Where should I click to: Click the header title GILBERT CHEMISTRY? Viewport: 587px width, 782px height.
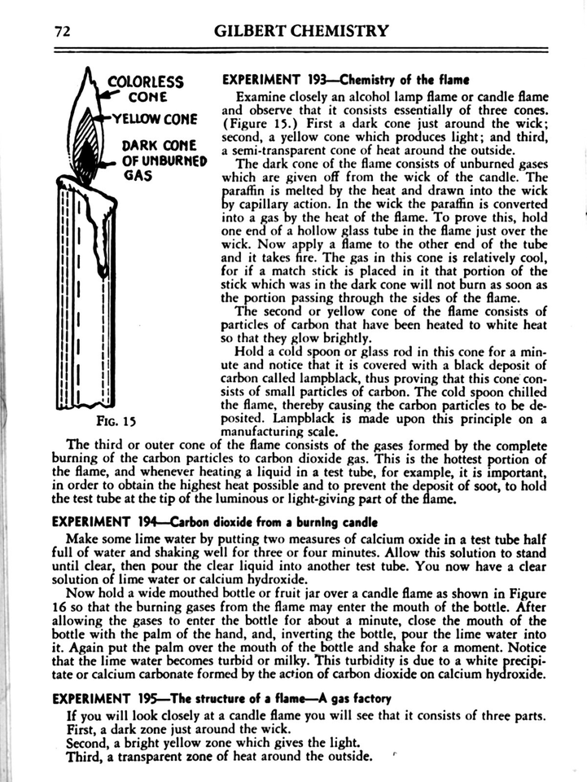tap(301, 32)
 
